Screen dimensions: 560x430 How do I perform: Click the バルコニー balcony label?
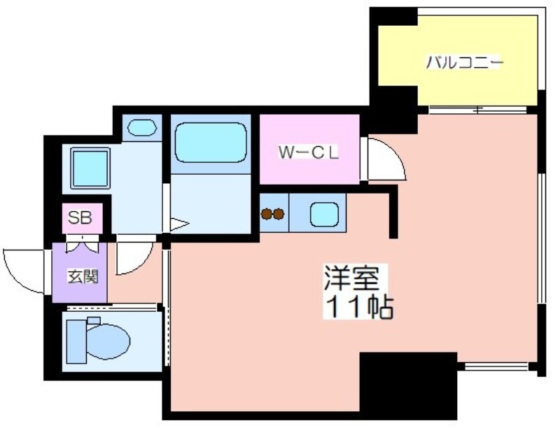[464, 63]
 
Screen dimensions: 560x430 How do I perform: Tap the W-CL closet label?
[309, 152]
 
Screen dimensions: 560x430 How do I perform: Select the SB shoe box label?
[80, 217]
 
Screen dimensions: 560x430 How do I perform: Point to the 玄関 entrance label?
[83, 276]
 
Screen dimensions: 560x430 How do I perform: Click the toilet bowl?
[108, 341]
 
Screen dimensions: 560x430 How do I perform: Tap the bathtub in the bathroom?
[211, 143]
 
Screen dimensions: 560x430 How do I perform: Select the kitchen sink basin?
[324, 214]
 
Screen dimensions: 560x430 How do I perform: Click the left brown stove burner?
[267, 214]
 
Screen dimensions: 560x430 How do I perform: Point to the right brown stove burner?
[279, 214]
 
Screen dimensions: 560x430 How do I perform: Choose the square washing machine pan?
[90, 168]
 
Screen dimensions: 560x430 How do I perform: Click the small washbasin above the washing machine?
[142, 127]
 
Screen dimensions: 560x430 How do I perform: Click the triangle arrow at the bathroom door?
[178, 224]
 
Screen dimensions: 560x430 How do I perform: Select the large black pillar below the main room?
[408, 385]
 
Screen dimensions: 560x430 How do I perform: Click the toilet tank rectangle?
[76, 341]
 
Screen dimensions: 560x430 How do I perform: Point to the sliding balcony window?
[478, 110]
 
